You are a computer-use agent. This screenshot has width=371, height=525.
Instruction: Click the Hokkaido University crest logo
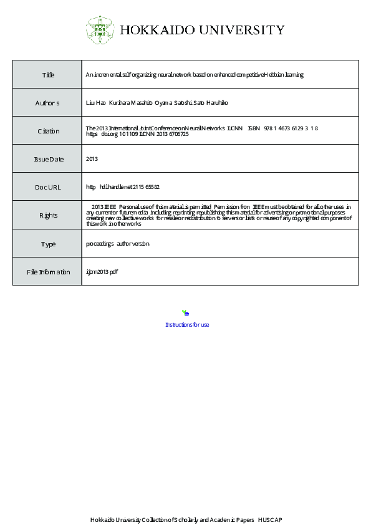pyautogui.click(x=99, y=29)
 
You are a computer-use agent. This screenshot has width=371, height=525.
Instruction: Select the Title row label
pyautogui.click(x=48, y=75)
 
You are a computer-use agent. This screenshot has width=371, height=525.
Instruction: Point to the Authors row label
pyautogui.click(x=47, y=103)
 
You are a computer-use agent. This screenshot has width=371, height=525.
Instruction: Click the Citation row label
pyautogui.click(x=48, y=131)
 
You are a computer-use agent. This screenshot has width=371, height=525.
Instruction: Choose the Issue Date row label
pyautogui.click(x=48, y=159)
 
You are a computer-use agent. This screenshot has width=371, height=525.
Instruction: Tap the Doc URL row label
pyautogui.click(x=47, y=187)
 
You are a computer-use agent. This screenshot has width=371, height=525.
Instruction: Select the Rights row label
pyautogui.click(x=48, y=215)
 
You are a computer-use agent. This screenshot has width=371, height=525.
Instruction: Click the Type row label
pyautogui.click(x=48, y=244)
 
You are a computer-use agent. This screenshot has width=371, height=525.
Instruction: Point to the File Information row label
pyautogui.click(x=48, y=272)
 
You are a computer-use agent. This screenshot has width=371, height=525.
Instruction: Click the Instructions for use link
pyautogui.click(x=186, y=325)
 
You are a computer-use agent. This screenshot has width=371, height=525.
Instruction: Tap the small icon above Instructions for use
pyautogui.click(x=185, y=313)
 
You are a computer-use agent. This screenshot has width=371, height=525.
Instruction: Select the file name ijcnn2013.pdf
pyautogui.click(x=102, y=272)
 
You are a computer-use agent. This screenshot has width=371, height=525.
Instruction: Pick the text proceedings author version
pyautogui.click(x=117, y=244)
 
